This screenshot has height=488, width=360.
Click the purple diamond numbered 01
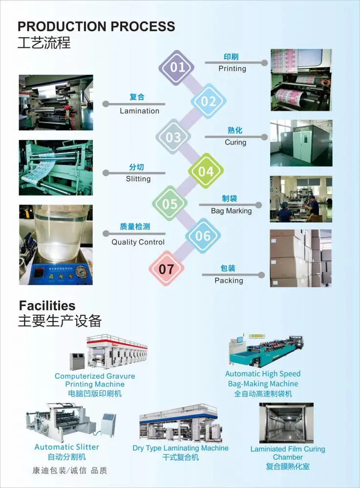176,67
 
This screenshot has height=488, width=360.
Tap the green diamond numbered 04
206,171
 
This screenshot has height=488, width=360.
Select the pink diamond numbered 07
166,268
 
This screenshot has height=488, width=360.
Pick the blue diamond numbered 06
203,236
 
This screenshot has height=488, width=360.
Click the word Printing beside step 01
233,68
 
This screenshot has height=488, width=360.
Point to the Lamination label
140,111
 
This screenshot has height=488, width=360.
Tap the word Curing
235,142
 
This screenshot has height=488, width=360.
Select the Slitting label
138,179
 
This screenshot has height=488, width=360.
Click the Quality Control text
138,242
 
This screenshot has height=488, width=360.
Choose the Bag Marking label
232,211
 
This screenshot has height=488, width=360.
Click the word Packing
229,281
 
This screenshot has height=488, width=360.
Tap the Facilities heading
47,305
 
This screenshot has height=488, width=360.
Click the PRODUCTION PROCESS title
96,26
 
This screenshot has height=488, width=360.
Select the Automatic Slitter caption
66,447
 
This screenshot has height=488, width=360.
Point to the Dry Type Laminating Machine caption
180,448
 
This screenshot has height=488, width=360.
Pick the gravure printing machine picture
108,352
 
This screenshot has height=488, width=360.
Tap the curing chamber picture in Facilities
287,423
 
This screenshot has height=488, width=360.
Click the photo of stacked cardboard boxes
301,258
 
